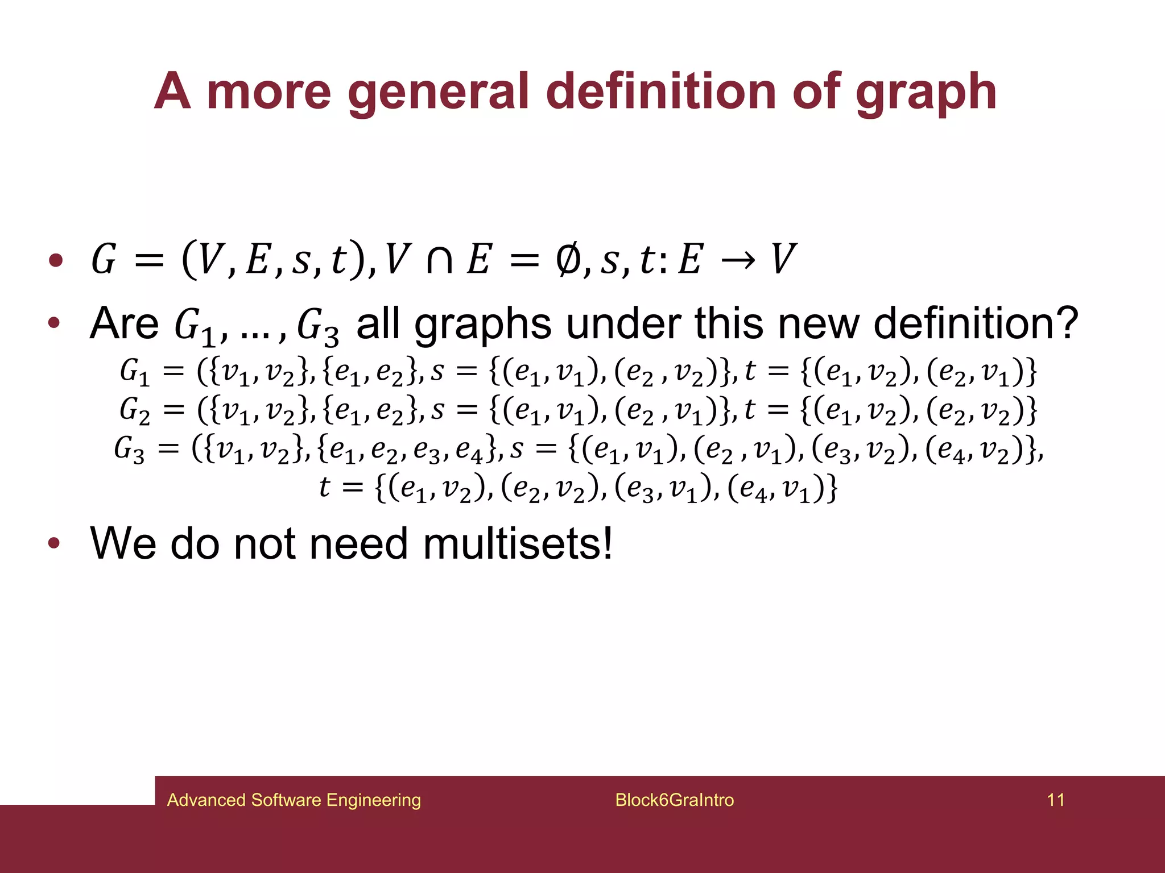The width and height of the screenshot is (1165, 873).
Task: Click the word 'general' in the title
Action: [x=439, y=93]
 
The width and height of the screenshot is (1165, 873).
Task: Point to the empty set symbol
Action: [x=568, y=259]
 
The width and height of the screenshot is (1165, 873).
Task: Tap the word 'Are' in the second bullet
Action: [x=124, y=323]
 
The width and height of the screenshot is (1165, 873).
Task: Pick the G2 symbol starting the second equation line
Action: [x=134, y=410]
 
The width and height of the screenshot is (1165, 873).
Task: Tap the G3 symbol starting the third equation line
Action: [x=129, y=449]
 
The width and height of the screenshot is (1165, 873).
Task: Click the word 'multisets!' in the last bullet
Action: [x=518, y=543]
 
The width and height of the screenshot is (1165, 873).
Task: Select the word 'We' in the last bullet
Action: [x=123, y=543]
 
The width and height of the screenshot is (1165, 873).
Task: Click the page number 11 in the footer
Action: [x=1055, y=800]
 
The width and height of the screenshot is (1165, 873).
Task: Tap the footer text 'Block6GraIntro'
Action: [x=674, y=800]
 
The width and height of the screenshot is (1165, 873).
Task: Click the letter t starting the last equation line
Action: [x=324, y=487]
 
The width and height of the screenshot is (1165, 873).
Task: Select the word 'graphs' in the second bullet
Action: [x=483, y=325]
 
